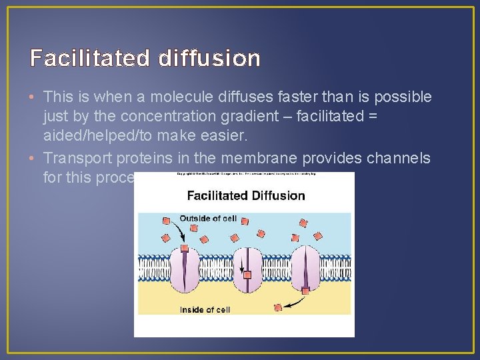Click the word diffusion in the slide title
click(x=209, y=59)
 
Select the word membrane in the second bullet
click(x=267, y=158)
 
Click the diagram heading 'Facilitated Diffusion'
click(x=246, y=196)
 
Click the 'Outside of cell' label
click(x=208, y=219)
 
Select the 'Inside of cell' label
click(x=205, y=309)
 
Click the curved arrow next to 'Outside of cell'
click(x=179, y=231)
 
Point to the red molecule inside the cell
click(x=278, y=307)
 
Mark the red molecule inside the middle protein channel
click(x=247, y=275)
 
